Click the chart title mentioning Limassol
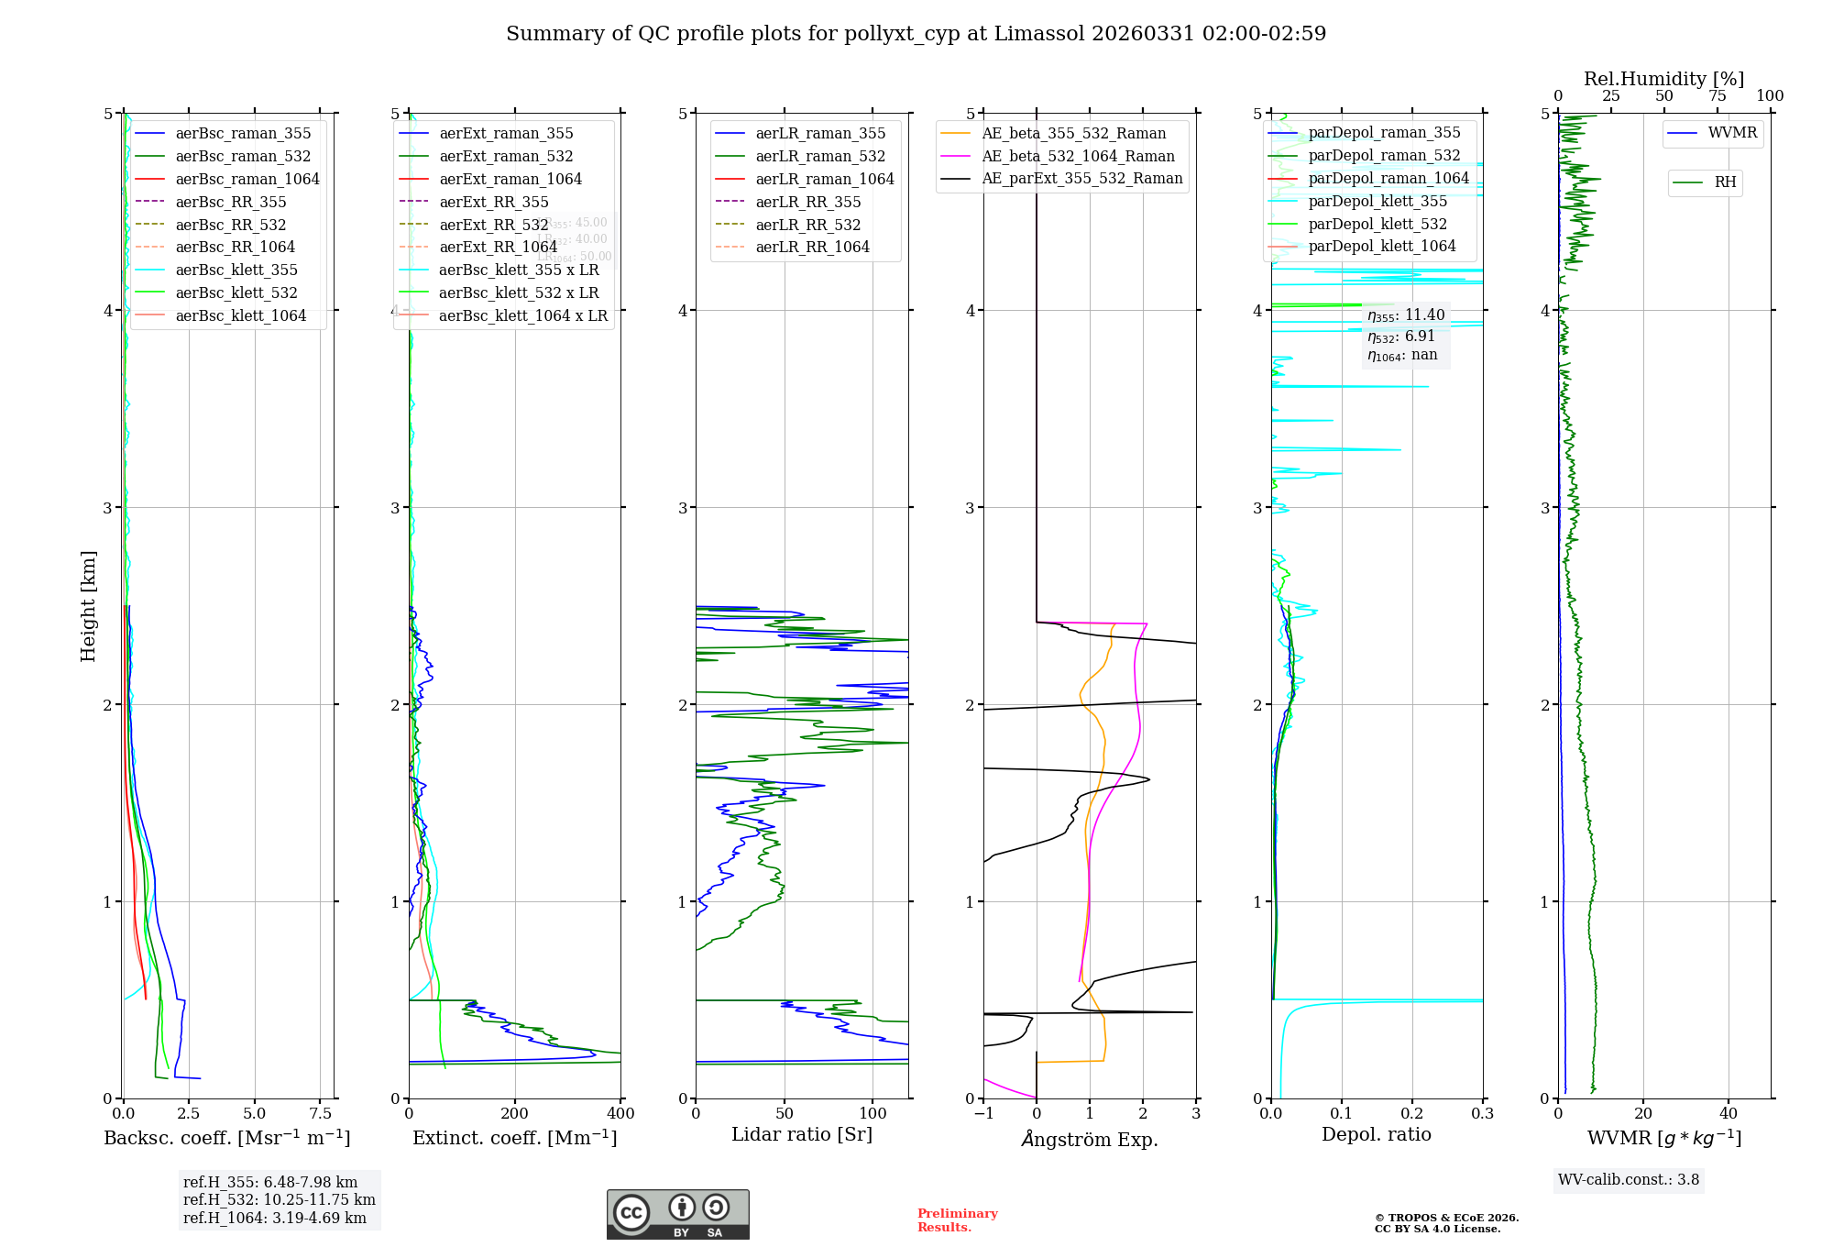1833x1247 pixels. pyautogui.click(x=916, y=34)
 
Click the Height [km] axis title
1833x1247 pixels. pyautogui.click(x=88, y=605)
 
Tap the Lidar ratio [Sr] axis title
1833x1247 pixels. pyautogui.click(x=802, y=1134)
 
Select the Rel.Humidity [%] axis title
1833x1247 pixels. pyautogui.click(x=1663, y=79)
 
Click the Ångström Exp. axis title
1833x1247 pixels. pyautogui.click(x=1090, y=1139)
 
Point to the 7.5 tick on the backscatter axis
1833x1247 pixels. pyautogui.click(x=320, y=1113)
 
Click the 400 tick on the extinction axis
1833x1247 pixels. pyautogui.click(x=620, y=1113)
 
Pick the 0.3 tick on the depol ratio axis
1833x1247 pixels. pyautogui.click(x=1482, y=1113)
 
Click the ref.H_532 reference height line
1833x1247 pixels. pyautogui.click(x=279, y=1199)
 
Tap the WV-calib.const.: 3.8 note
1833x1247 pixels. pyautogui.click(x=1629, y=1179)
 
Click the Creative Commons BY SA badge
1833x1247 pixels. pyautogui.click(x=677, y=1214)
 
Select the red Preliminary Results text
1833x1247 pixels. pyautogui.click(x=957, y=1219)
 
